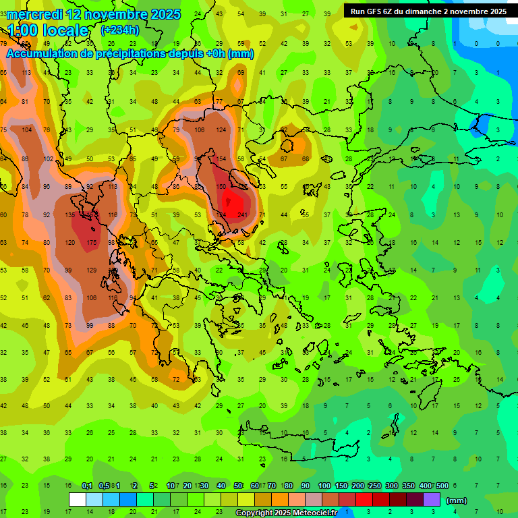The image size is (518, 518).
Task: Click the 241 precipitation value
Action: coord(242,215)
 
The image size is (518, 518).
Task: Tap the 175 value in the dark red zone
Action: coord(92,242)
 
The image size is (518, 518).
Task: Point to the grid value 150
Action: coord(220,186)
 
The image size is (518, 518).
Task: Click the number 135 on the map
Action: coord(69,214)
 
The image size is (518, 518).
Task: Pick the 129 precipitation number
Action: coord(92,270)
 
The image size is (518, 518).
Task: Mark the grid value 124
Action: coord(221,129)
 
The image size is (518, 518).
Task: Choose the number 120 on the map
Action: coord(69,242)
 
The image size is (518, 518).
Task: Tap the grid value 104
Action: coord(26,129)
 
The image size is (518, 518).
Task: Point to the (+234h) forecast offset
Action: coord(119,30)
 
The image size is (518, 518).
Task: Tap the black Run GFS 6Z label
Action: coord(428,11)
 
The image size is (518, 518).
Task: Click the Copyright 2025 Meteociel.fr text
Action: coord(286,513)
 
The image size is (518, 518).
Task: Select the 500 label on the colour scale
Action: coord(442,486)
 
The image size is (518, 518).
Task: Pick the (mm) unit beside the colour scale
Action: coord(457,500)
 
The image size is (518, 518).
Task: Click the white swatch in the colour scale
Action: coord(78,500)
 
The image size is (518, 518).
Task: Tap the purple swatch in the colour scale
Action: coord(432,500)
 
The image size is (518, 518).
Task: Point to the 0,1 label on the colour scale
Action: coord(87,486)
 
